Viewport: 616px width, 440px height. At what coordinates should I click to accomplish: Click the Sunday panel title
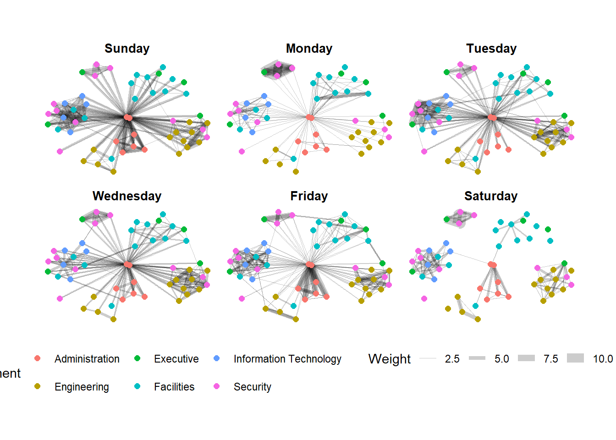point(127,49)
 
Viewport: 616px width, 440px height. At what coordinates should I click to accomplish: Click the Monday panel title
point(309,49)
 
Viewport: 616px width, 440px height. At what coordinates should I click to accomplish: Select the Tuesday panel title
point(491,49)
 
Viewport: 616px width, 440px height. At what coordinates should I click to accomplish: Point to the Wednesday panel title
point(127,196)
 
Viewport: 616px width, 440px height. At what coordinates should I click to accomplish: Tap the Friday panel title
point(309,196)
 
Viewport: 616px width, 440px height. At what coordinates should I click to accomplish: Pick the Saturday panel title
point(491,196)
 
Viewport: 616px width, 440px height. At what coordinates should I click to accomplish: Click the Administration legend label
point(87,359)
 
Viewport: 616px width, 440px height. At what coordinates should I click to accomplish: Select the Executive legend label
point(176,359)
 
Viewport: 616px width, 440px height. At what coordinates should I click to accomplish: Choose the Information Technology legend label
point(287,359)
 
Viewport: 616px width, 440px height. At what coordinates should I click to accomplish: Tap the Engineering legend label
point(82,387)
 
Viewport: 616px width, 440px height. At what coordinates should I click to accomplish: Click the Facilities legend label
point(174,387)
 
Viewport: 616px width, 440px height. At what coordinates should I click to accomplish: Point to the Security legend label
point(252,387)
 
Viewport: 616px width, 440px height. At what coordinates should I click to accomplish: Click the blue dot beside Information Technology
point(217,358)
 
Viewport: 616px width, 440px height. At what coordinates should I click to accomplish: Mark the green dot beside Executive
point(137,358)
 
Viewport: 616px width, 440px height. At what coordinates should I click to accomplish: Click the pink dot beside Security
point(217,386)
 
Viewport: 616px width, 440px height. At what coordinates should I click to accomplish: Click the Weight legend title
point(389,359)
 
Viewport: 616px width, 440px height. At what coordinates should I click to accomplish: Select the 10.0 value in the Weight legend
point(603,359)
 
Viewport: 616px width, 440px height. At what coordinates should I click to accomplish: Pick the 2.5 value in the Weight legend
point(452,359)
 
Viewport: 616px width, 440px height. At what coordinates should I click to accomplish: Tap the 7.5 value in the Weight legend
point(551,359)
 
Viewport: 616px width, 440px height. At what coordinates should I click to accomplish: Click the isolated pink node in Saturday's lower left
point(424,298)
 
